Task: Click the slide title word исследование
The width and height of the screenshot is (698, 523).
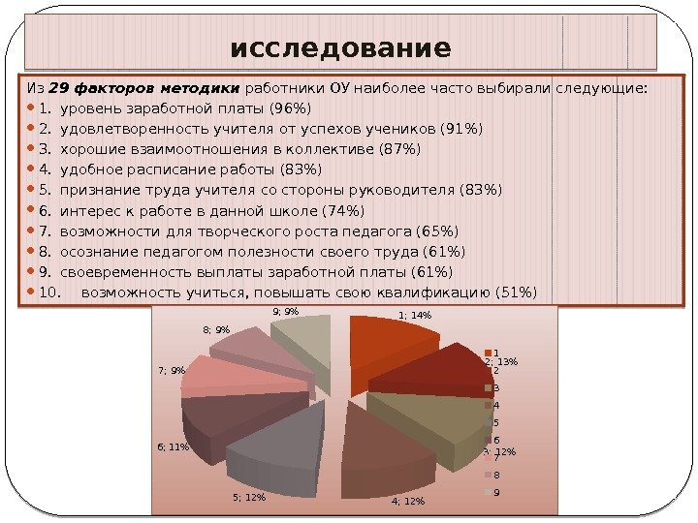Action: [340, 47]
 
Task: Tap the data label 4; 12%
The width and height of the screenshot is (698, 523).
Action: [408, 501]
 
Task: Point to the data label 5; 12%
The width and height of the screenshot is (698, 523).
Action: [249, 498]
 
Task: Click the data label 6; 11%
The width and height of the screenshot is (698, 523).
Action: [173, 446]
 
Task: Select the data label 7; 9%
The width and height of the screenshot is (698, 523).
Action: [171, 370]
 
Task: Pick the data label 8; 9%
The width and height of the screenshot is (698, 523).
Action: [216, 330]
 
